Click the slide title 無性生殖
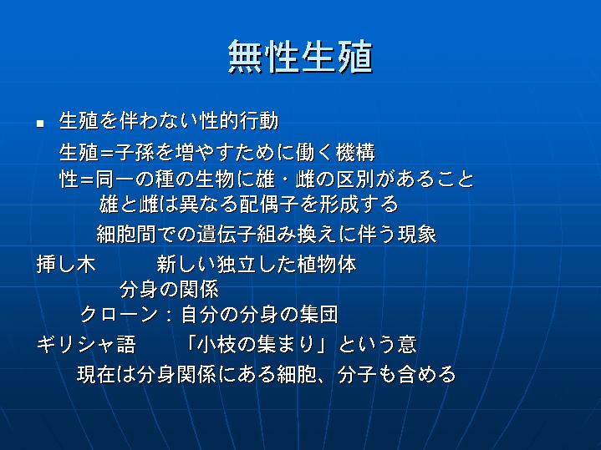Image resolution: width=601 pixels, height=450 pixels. click(x=300, y=57)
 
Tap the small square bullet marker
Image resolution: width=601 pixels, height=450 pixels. click(x=40, y=124)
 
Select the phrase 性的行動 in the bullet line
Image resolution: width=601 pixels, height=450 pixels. click(x=240, y=121)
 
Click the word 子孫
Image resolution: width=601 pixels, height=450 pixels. click(x=135, y=152)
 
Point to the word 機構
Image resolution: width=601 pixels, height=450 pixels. click(x=355, y=152)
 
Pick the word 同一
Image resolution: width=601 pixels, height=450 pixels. click(x=115, y=179)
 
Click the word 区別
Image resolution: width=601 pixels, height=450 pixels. click(x=355, y=179)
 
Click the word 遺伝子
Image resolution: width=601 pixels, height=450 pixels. click(x=227, y=234)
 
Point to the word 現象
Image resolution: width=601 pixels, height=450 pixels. click(x=417, y=234)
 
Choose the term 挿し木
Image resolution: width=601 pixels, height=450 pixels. click(x=66, y=265)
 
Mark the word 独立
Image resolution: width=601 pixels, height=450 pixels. click(x=237, y=265)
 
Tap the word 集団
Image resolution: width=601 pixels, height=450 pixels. click(x=319, y=315)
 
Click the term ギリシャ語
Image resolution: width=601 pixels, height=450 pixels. click(x=86, y=344)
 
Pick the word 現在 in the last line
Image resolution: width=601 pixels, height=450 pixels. click(x=97, y=374)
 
